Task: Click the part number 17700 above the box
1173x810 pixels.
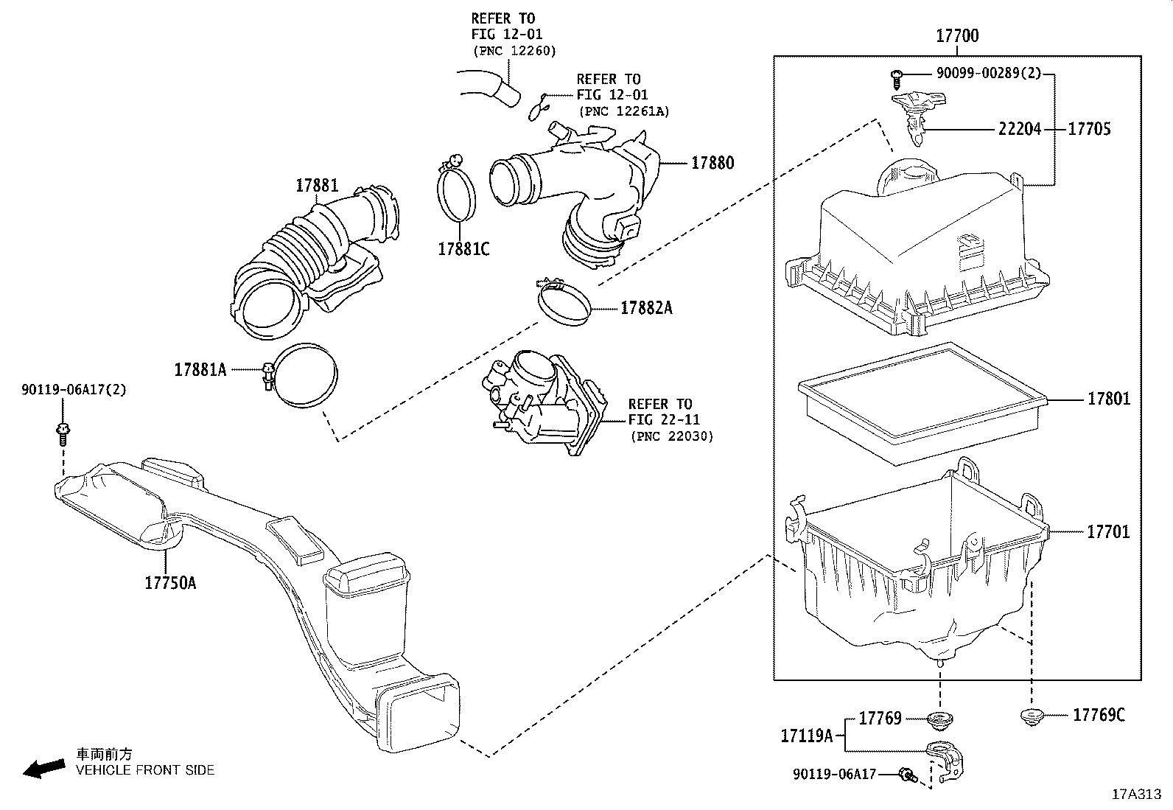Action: click(957, 35)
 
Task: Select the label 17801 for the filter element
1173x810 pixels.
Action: click(1109, 399)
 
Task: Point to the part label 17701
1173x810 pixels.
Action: click(1108, 531)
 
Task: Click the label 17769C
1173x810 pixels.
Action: click(1099, 714)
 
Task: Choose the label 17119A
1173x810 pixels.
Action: click(807, 736)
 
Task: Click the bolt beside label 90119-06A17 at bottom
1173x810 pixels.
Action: click(907, 774)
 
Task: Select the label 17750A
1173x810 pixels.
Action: click(170, 583)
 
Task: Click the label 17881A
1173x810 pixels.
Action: click(200, 369)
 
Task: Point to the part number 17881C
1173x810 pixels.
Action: click(463, 248)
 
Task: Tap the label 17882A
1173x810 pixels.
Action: click(646, 308)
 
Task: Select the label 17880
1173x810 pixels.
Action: click(712, 163)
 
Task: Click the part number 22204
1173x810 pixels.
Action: click(1020, 129)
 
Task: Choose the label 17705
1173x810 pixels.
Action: click(1090, 129)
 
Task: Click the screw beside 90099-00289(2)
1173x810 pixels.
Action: click(897, 74)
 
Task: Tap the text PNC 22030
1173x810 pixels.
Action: click(671, 436)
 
